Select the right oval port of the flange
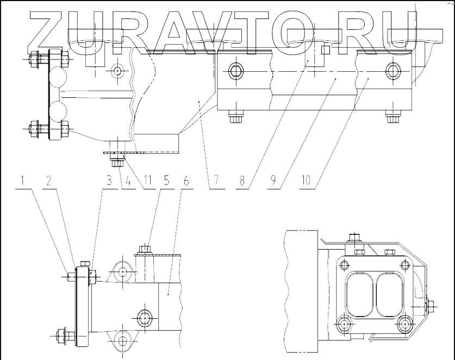coord(386,294)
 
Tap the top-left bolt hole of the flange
coord(342,265)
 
